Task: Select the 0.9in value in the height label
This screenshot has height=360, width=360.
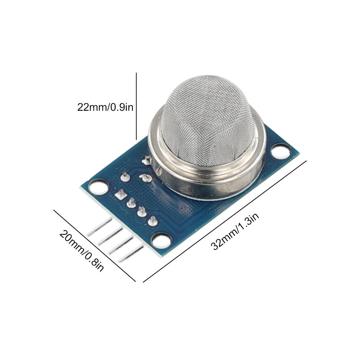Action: [x=122, y=108]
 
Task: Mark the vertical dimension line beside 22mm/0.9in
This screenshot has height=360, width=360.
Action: [x=136, y=106]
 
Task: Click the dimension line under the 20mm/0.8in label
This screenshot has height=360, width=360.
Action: [x=95, y=246]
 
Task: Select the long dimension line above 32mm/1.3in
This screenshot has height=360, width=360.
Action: [x=225, y=221]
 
